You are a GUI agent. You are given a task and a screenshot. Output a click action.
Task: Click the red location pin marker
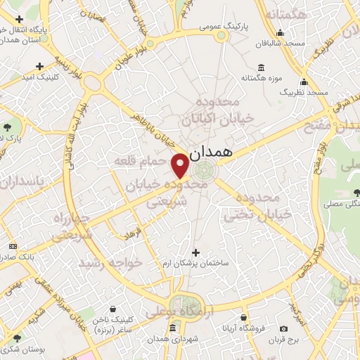[180, 165]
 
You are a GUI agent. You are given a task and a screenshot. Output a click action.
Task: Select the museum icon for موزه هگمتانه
[262, 67]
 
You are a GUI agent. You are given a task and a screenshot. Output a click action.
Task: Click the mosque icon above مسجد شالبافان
[280, 32]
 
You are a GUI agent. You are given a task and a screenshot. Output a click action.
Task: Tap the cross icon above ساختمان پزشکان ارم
[195, 252]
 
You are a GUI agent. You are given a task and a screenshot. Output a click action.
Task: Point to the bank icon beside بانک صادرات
[13, 247]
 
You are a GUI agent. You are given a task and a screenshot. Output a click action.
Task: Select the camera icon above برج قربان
[283, 328]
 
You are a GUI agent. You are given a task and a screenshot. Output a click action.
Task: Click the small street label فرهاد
[134, 232]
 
